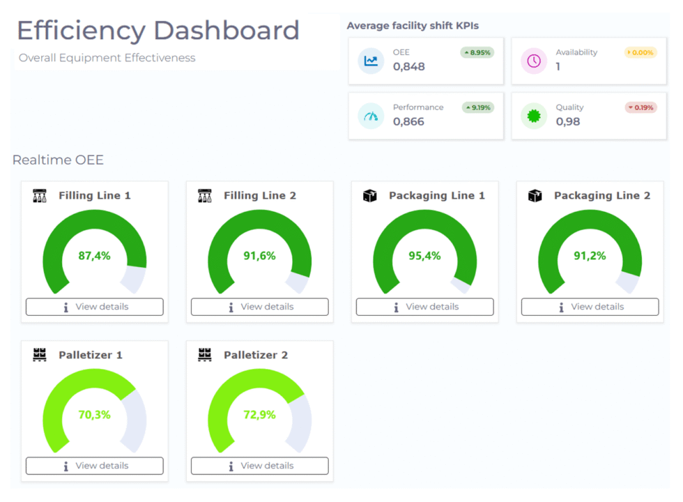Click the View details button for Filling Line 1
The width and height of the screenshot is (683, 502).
[95, 307]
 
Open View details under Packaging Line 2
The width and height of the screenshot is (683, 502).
[590, 307]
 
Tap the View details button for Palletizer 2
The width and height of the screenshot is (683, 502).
[259, 466]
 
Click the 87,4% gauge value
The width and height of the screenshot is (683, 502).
[95, 256]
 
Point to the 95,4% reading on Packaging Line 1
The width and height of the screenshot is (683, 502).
[424, 256]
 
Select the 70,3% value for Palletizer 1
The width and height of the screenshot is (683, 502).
[95, 415]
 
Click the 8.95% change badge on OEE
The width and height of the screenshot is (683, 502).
[477, 52]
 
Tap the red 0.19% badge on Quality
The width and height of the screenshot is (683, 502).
[640, 107]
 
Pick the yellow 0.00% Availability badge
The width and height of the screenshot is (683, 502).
[640, 52]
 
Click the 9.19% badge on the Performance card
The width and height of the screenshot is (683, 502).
[477, 107]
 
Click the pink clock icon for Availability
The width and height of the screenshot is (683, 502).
[534, 61]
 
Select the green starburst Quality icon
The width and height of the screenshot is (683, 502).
[534, 116]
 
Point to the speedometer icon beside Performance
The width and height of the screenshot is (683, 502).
[371, 116]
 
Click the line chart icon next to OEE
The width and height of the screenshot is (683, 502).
[371, 61]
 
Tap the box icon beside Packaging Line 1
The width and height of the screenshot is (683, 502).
[370, 196]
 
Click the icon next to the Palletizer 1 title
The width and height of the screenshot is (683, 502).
[40, 355]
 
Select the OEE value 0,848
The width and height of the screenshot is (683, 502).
[409, 67]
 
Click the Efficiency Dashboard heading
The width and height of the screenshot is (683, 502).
[158, 31]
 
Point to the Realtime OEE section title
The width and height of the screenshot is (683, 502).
[58, 160]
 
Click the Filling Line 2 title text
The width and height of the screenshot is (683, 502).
[260, 196]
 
